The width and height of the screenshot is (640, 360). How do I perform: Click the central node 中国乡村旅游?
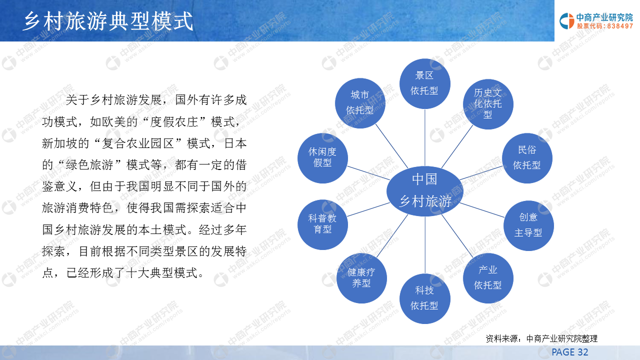pos(425,191)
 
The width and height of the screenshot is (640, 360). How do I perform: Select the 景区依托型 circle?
pos(425,83)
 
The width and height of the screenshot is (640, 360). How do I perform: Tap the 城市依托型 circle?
pos(360,103)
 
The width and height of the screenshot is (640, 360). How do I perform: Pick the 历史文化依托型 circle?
pos(488,104)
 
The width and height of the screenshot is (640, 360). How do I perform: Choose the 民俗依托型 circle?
pos(527,158)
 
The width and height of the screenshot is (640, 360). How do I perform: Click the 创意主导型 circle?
pos(528,225)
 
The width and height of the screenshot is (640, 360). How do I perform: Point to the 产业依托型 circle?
pos(488,278)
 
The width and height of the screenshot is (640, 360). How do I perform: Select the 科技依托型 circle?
pos(425,298)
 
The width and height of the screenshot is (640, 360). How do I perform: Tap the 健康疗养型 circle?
pos(361,278)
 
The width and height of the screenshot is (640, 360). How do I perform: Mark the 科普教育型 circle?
pos(322,224)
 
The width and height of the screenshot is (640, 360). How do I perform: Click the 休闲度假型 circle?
pos(322,158)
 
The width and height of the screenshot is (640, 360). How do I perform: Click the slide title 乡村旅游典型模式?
pos(108,21)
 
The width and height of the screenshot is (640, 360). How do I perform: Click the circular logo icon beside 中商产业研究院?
pos(567,21)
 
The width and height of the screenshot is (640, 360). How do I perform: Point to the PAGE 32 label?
pos(570,352)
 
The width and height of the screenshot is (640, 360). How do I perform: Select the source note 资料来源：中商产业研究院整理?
pos(541,338)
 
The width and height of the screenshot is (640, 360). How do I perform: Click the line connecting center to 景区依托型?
pos(425,137)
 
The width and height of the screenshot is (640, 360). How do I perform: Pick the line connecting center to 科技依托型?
pos(425,245)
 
